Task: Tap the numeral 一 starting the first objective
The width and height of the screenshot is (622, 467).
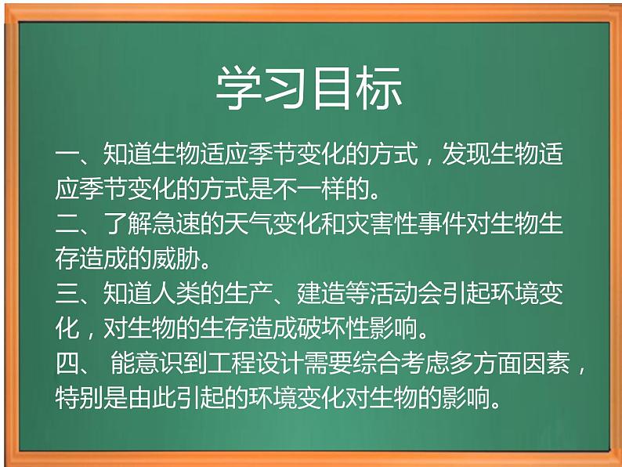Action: (x=67, y=154)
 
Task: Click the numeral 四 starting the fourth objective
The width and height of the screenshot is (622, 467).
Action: (x=67, y=366)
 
